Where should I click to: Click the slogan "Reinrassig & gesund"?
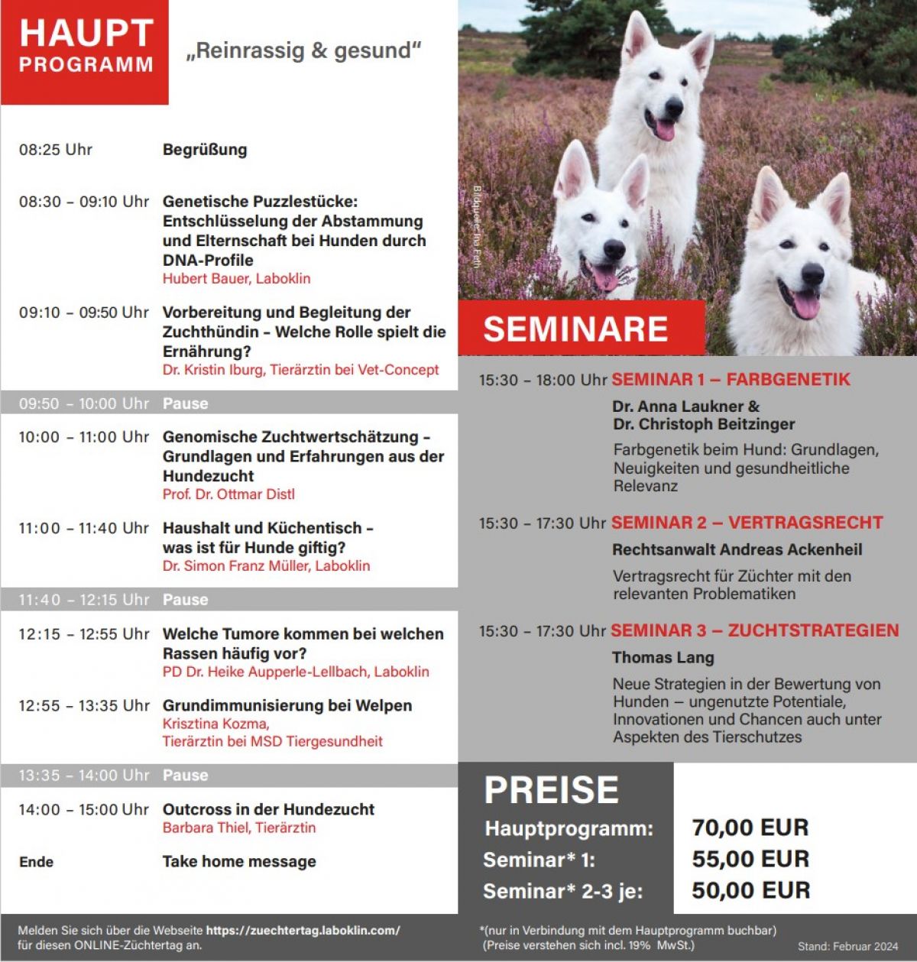pos(303,51)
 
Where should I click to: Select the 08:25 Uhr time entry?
pos(56,150)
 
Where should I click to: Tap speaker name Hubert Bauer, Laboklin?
pos(236,279)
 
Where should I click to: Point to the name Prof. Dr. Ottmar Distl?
pos(228,494)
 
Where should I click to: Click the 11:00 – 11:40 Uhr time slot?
pos(83,528)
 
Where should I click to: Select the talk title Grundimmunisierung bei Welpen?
pos(287,705)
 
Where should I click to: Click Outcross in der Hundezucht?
pos(268,809)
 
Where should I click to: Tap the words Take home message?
pos(238,861)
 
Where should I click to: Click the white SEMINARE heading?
pos(575,329)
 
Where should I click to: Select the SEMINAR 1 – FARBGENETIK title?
pos(731,380)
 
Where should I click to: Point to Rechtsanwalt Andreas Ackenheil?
pos(737,549)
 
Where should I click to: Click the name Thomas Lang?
pos(663,657)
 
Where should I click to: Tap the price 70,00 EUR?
pos(750,828)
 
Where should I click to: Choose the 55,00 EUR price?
pos(750,859)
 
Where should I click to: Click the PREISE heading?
pos(551,790)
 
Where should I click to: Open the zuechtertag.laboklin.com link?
pos(303,931)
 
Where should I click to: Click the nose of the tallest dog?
pos(673,109)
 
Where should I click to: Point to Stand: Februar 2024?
pos(847,947)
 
